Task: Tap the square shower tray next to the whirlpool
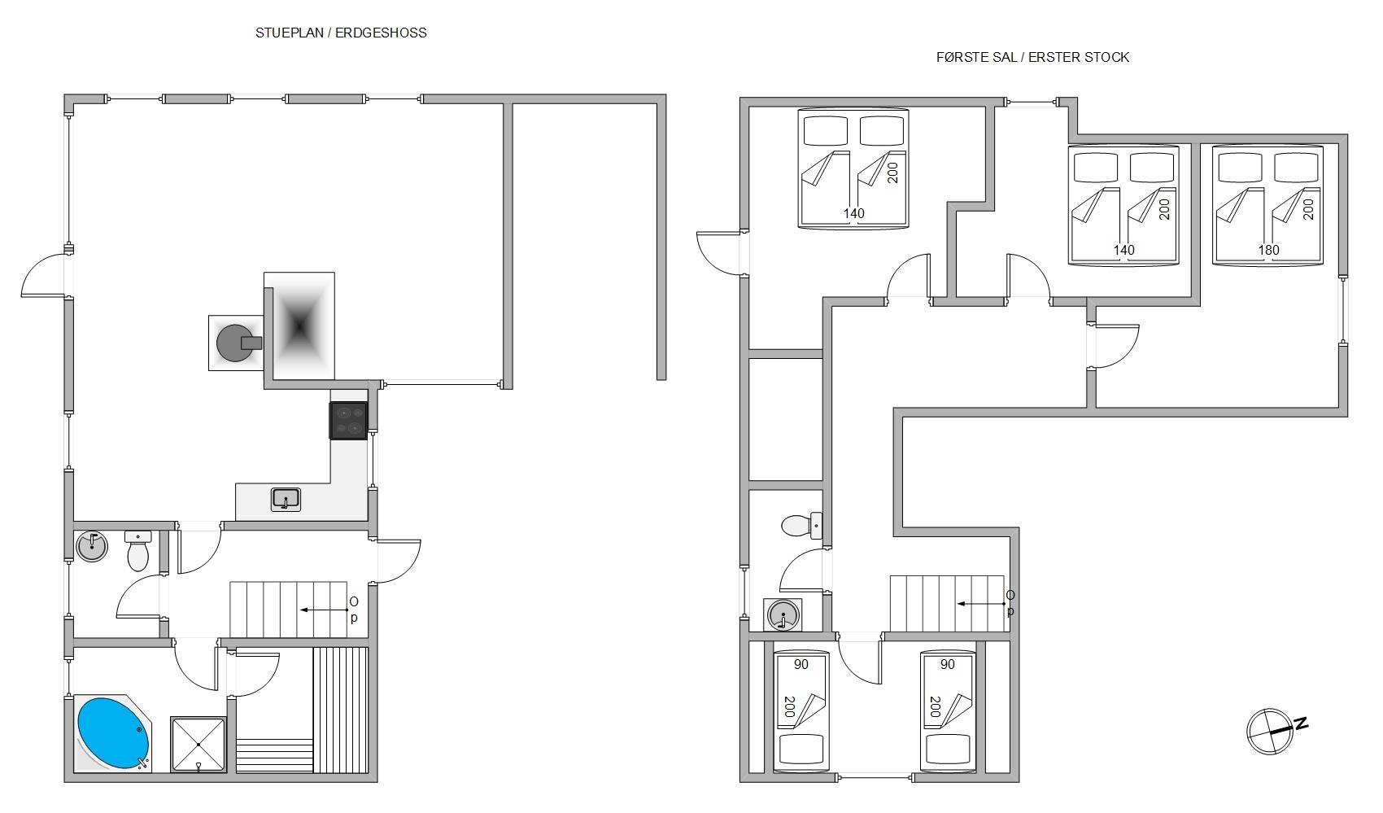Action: [199, 745]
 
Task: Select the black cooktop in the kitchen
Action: [348, 421]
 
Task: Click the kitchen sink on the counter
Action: [286, 499]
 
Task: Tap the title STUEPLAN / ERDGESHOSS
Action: [341, 33]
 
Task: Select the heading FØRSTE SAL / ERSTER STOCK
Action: [1032, 58]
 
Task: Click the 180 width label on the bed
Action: [1269, 250]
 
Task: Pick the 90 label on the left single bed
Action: [801, 665]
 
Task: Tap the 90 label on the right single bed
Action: [947, 665]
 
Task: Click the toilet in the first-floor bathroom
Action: [801, 526]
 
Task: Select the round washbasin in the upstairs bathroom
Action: [783, 615]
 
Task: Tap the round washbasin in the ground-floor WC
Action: [92, 547]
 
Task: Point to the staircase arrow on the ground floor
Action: [324, 610]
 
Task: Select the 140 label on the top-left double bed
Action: [854, 214]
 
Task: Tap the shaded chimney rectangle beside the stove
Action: [299, 326]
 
